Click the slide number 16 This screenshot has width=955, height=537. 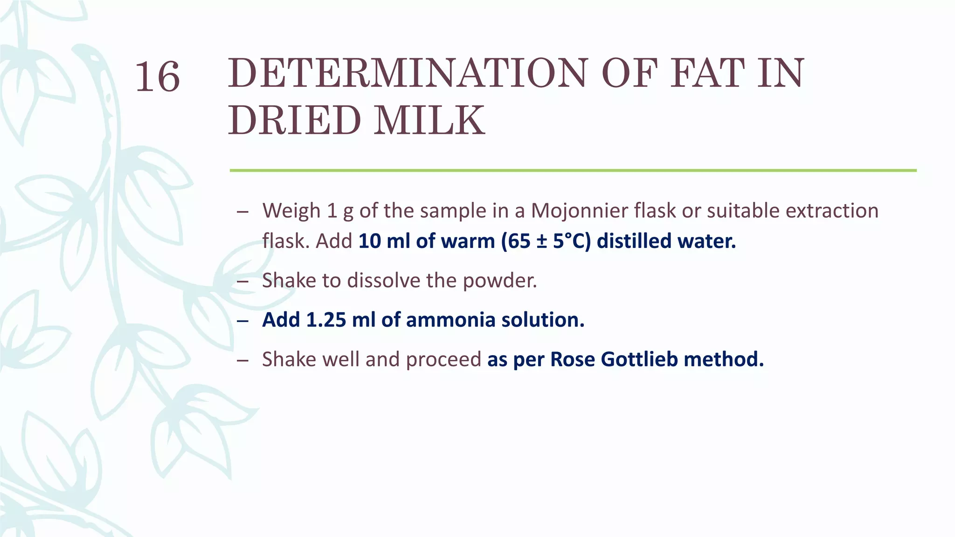[x=157, y=77]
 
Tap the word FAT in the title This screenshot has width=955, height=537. [x=707, y=73]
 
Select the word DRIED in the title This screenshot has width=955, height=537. [x=294, y=120]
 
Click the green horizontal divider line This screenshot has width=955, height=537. [x=573, y=171]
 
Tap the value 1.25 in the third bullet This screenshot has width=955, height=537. [x=326, y=320]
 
